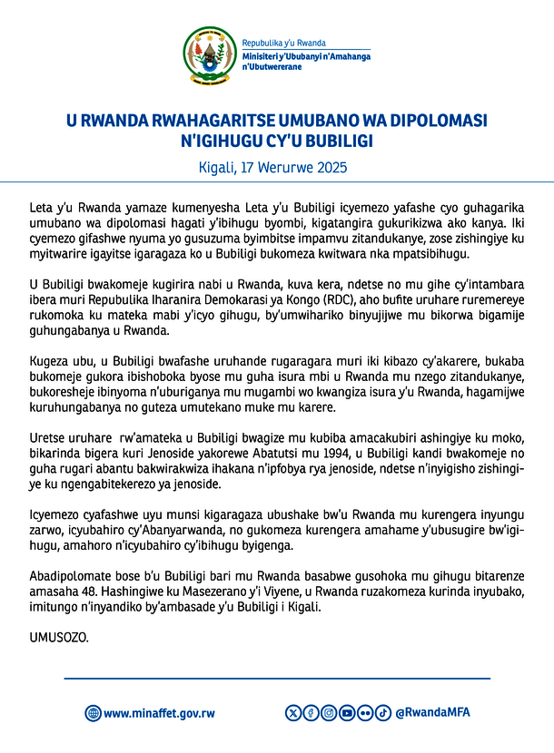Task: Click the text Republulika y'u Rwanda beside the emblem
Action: pos(283,43)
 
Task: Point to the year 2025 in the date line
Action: pos(331,168)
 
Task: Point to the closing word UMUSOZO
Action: pos(55,638)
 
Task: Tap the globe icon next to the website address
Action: pos(93,713)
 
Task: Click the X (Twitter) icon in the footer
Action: pos(293,712)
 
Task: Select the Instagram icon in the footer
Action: pos(329,712)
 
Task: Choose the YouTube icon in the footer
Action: pos(347,712)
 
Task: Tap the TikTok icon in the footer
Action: pos(382,712)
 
